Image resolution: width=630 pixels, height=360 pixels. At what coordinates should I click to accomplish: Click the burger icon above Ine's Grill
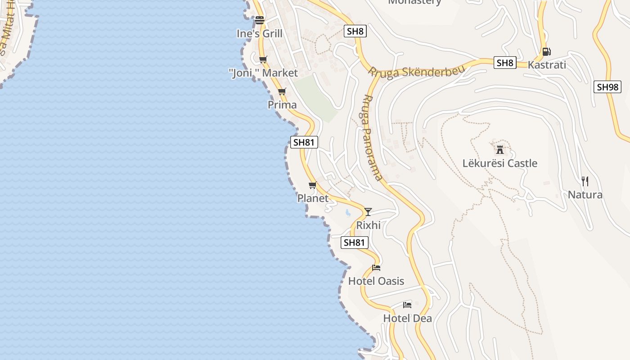pyautogui.click(x=260, y=20)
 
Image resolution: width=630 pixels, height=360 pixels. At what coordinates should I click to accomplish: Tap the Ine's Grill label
pyautogui.click(x=260, y=34)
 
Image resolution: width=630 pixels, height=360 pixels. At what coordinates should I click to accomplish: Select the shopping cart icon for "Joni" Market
pyautogui.click(x=263, y=59)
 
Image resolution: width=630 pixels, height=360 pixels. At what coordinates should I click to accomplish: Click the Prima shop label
pyautogui.click(x=282, y=105)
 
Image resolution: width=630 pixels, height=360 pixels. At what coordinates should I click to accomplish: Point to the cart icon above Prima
pyautogui.click(x=282, y=91)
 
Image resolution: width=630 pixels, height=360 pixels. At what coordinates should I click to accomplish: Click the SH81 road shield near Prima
pyautogui.click(x=304, y=143)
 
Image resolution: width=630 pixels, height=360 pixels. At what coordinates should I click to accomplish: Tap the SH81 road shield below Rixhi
pyautogui.click(x=355, y=243)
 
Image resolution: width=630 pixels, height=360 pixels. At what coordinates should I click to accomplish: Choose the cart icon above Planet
pyautogui.click(x=313, y=185)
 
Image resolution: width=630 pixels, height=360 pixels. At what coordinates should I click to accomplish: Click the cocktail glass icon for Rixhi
pyautogui.click(x=368, y=211)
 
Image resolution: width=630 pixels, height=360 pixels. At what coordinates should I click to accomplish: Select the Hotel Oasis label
pyautogui.click(x=376, y=281)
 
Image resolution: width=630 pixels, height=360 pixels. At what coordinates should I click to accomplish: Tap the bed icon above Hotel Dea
pyautogui.click(x=407, y=305)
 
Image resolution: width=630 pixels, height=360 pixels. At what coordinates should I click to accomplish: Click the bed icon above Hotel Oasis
pyautogui.click(x=376, y=268)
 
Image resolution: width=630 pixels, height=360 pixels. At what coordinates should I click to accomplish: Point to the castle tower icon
pyautogui.click(x=499, y=149)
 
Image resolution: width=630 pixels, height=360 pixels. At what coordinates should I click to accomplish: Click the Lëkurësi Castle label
pyautogui.click(x=499, y=163)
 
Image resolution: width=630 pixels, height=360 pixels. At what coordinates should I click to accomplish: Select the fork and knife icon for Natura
pyautogui.click(x=585, y=181)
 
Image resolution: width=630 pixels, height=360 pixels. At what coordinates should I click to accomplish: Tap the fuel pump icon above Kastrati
pyautogui.click(x=546, y=51)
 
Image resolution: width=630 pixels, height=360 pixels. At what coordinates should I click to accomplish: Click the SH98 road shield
pyautogui.click(x=607, y=87)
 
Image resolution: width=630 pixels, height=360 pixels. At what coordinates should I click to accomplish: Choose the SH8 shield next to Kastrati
pyautogui.click(x=505, y=63)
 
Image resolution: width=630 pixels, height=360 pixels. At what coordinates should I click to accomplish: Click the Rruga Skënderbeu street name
pyautogui.click(x=410, y=72)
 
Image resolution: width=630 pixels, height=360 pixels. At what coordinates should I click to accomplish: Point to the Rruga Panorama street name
pyautogui.click(x=372, y=137)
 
